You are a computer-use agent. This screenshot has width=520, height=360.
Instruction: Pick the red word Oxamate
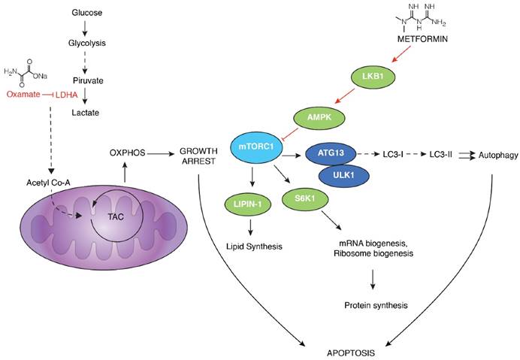point(23,95)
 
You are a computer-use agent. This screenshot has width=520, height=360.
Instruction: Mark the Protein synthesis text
point(371,305)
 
